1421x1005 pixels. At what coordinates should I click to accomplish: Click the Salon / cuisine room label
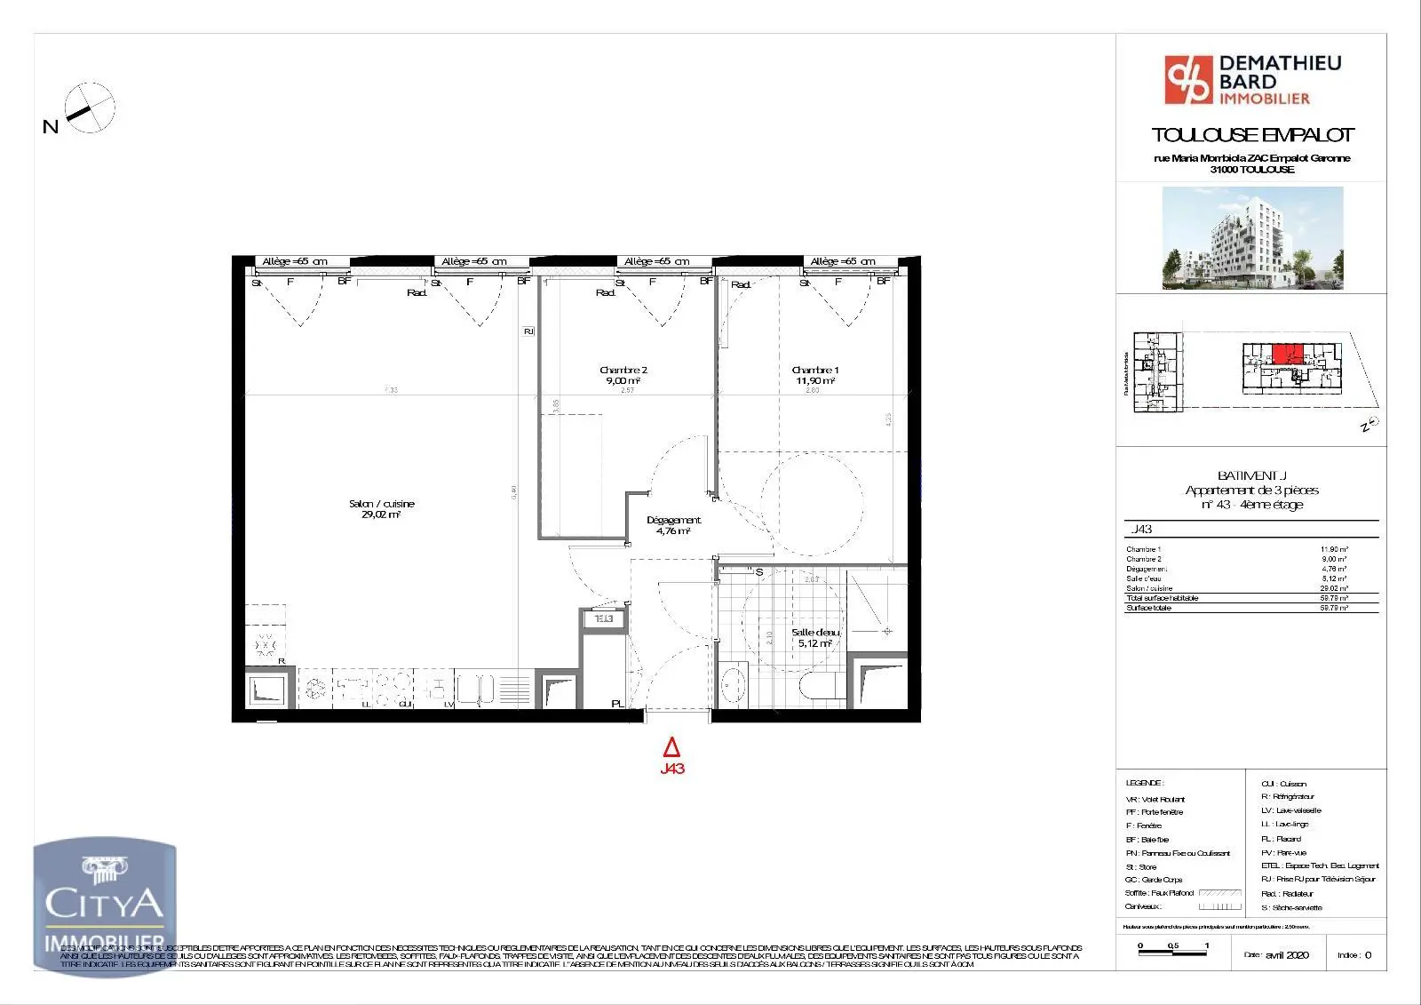pos(382,508)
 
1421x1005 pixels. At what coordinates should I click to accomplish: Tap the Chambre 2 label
pos(623,375)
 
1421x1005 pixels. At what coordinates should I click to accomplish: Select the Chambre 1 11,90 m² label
pos(815,375)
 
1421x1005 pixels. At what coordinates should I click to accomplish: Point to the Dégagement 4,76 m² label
pos(673,525)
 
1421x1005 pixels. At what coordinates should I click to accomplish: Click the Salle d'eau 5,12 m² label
pos(815,637)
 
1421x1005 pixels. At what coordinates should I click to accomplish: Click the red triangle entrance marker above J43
pos(671,747)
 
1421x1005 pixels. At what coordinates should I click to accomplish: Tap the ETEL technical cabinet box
pos(603,619)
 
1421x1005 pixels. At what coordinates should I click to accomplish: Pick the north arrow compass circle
pos(90,108)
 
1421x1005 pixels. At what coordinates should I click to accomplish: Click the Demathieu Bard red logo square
pos(1187,79)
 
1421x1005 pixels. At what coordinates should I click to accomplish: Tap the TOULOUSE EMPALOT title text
pos(1252,135)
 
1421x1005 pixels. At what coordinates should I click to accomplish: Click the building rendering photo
pos(1252,237)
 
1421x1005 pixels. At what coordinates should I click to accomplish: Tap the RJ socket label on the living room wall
pos(528,331)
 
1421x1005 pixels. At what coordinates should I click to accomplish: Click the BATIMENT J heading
pos(1251,475)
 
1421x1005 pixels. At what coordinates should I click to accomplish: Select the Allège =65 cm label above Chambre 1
pos(842,261)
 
